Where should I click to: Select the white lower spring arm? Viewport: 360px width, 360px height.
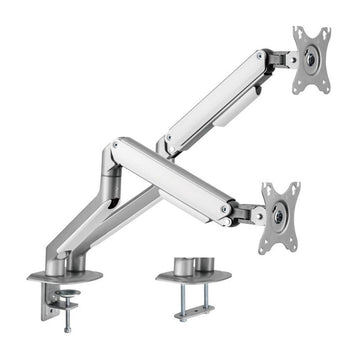point(175,176)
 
